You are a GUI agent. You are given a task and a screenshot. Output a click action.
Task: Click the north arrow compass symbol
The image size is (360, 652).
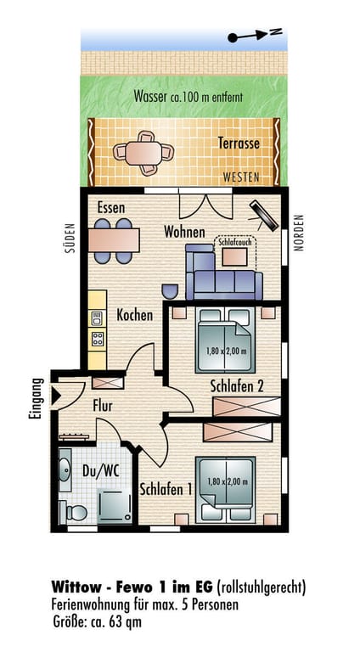(255, 35)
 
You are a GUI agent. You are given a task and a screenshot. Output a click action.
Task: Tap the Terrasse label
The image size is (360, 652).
(239, 143)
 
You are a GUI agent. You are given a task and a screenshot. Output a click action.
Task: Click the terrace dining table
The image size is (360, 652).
(143, 153)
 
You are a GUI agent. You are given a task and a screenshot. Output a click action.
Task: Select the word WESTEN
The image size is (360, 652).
(241, 177)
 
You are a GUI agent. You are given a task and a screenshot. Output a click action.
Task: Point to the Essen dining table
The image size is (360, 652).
(114, 241)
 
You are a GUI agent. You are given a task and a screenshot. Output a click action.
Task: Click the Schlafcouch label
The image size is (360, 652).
(235, 242)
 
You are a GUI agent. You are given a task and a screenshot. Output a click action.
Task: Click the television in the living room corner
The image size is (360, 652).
(263, 216)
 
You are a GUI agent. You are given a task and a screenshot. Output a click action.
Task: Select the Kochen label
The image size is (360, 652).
(135, 315)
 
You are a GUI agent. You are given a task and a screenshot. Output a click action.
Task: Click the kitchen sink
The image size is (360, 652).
(98, 318)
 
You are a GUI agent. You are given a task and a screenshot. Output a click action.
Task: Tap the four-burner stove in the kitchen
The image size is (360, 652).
(98, 339)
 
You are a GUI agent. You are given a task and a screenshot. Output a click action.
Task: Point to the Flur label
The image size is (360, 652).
(103, 406)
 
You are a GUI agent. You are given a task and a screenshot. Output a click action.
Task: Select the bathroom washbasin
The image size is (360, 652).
(65, 470)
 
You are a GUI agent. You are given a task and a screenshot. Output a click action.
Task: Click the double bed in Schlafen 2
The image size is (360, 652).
(225, 340)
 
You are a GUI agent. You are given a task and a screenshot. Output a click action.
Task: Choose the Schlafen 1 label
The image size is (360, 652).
(166, 489)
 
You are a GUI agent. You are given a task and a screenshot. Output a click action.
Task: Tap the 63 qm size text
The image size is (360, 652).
(125, 622)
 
